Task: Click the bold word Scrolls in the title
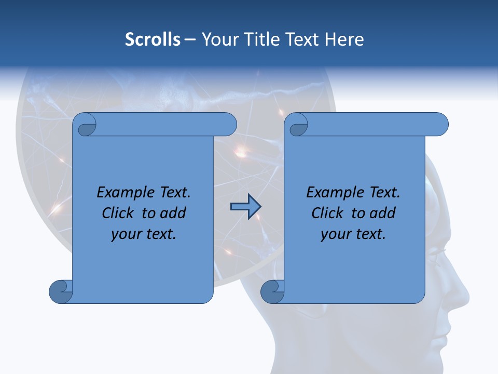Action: [153, 39]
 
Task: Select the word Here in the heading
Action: [344, 39]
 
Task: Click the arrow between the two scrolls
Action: [245, 207]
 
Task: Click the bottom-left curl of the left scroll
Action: [61, 291]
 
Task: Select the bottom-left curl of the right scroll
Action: [272, 291]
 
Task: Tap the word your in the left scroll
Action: [126, 234]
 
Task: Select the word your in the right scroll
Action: [335, 234]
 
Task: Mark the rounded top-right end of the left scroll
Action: [228, 125]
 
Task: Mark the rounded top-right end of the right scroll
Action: [440, 125]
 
